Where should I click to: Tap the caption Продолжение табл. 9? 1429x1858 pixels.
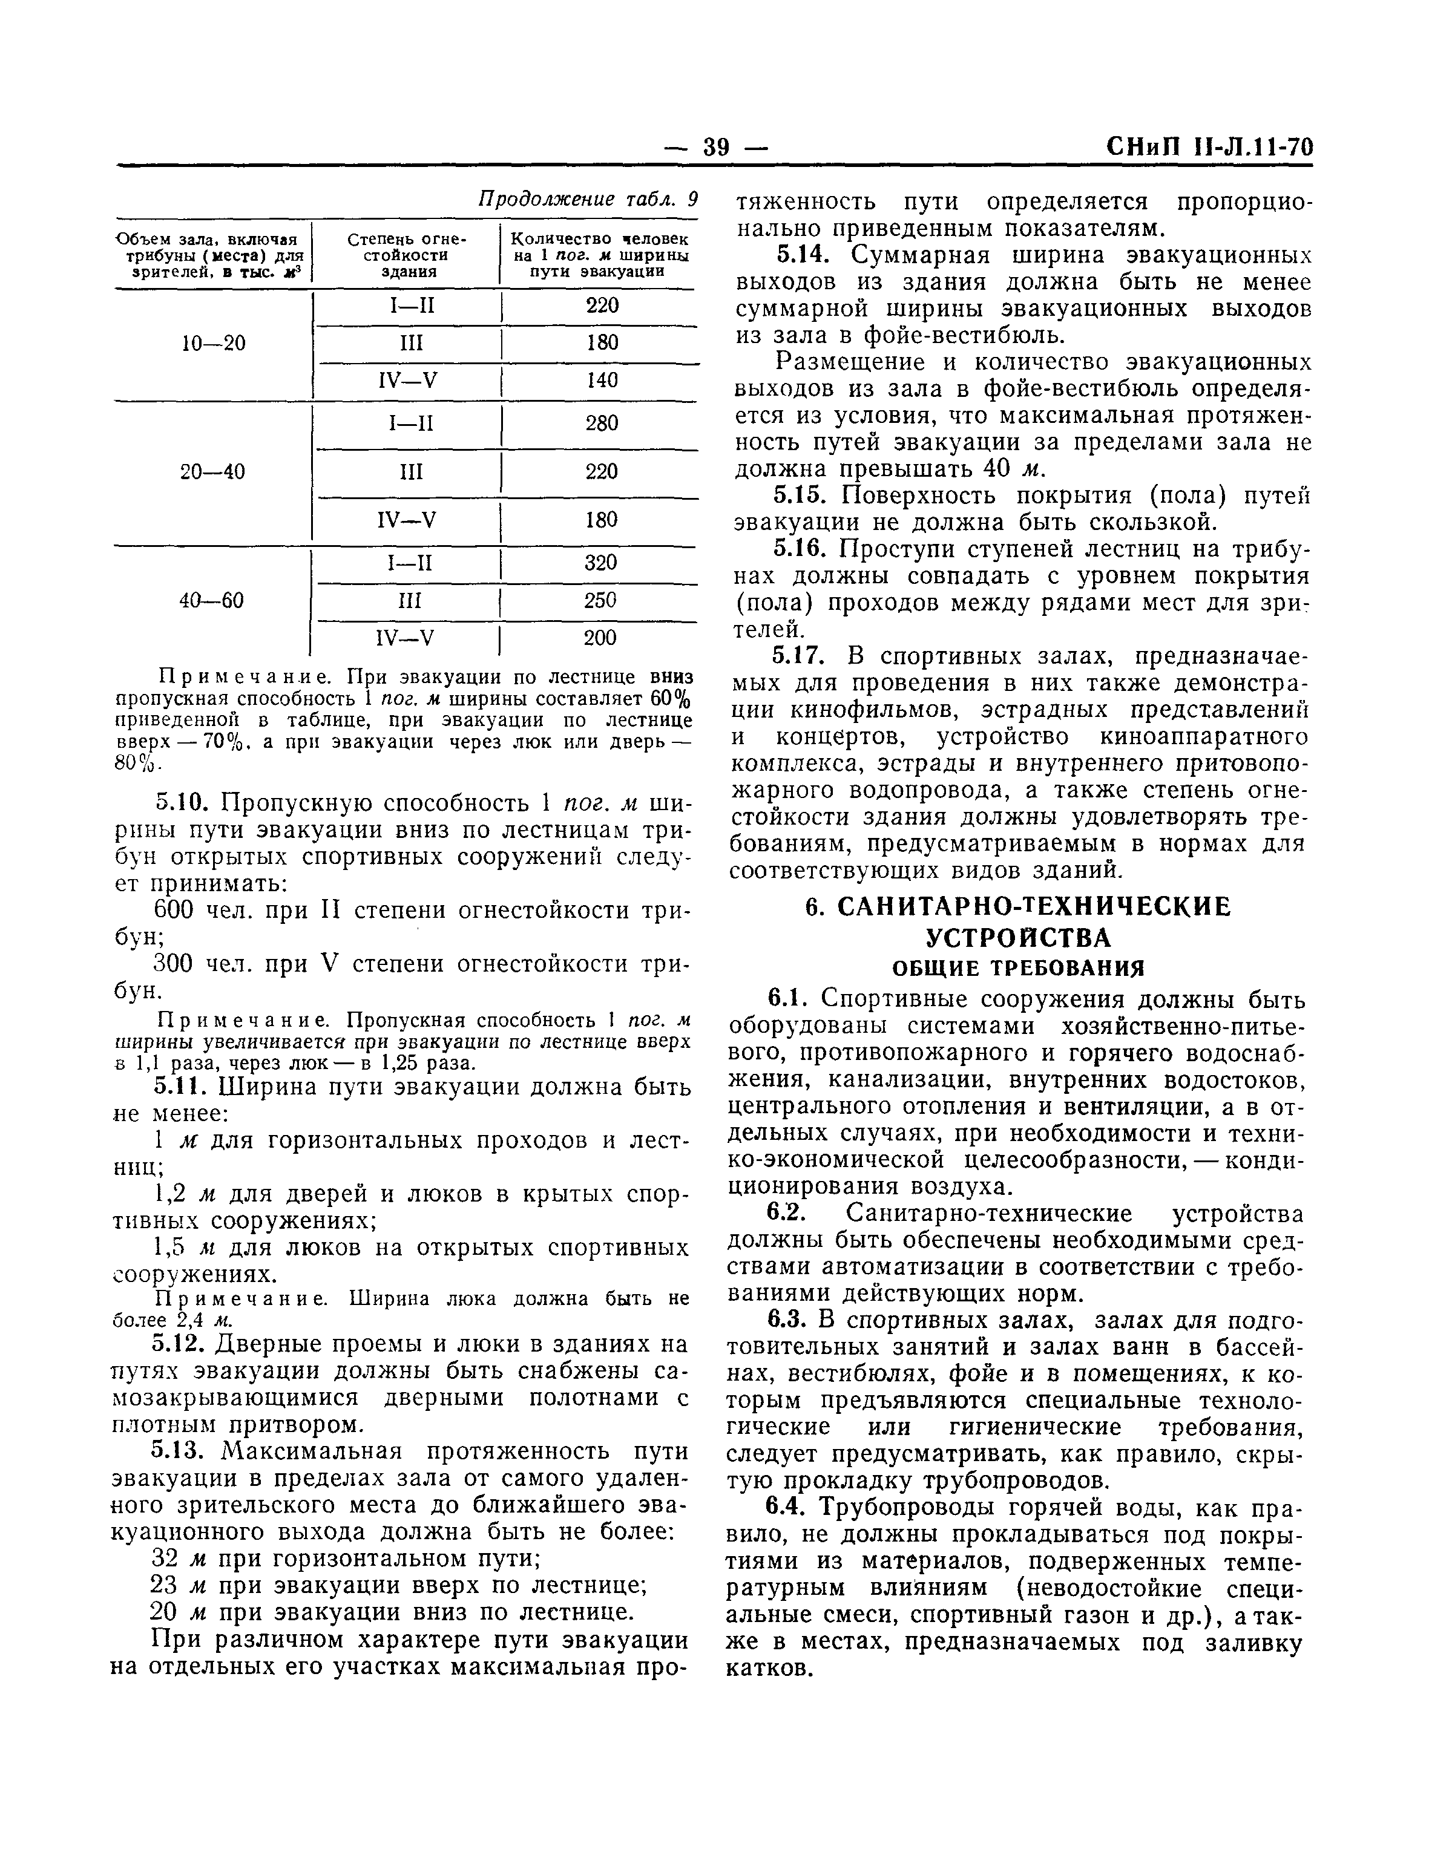tap(587, 199)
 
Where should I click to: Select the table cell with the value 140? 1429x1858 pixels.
tap(602, 380)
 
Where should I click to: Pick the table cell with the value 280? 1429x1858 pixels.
tap(602, 423)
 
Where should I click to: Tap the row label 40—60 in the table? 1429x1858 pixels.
tap(212, 600)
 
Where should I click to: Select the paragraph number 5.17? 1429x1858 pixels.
tap(799, 656)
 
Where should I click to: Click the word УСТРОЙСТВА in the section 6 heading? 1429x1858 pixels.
tap(1017, 937)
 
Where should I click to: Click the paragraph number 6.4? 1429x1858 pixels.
tap(787, 1507)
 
